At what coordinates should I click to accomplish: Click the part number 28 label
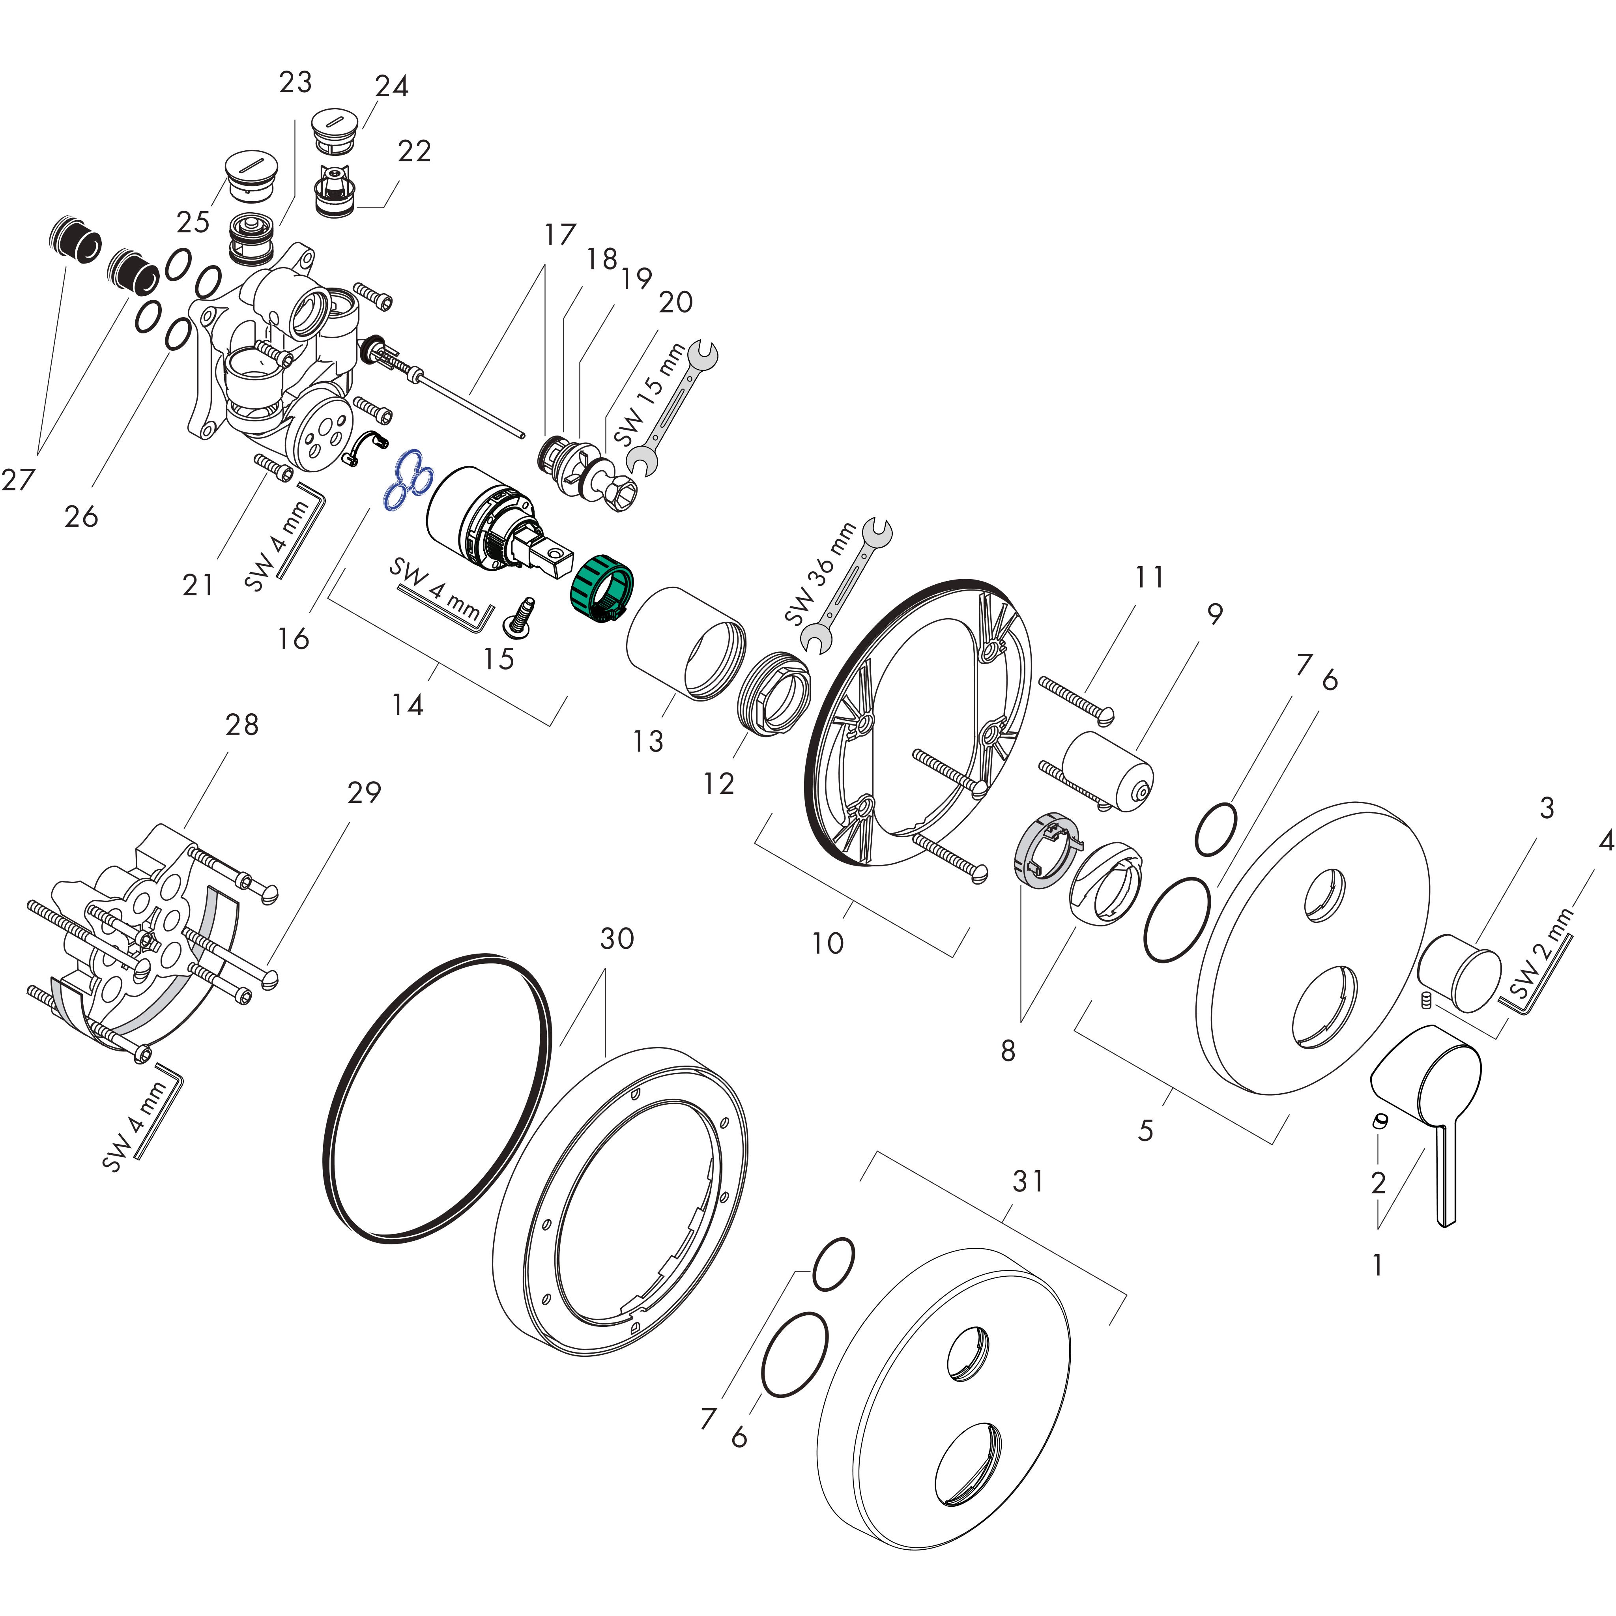[x=242, y=724]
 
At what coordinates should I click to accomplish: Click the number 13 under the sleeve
[x=647, y=741]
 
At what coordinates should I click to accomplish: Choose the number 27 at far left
[x=19, y=479]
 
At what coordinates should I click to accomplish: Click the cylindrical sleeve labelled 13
[x=684, y=642]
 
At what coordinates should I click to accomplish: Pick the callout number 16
[x=294, y=639]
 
